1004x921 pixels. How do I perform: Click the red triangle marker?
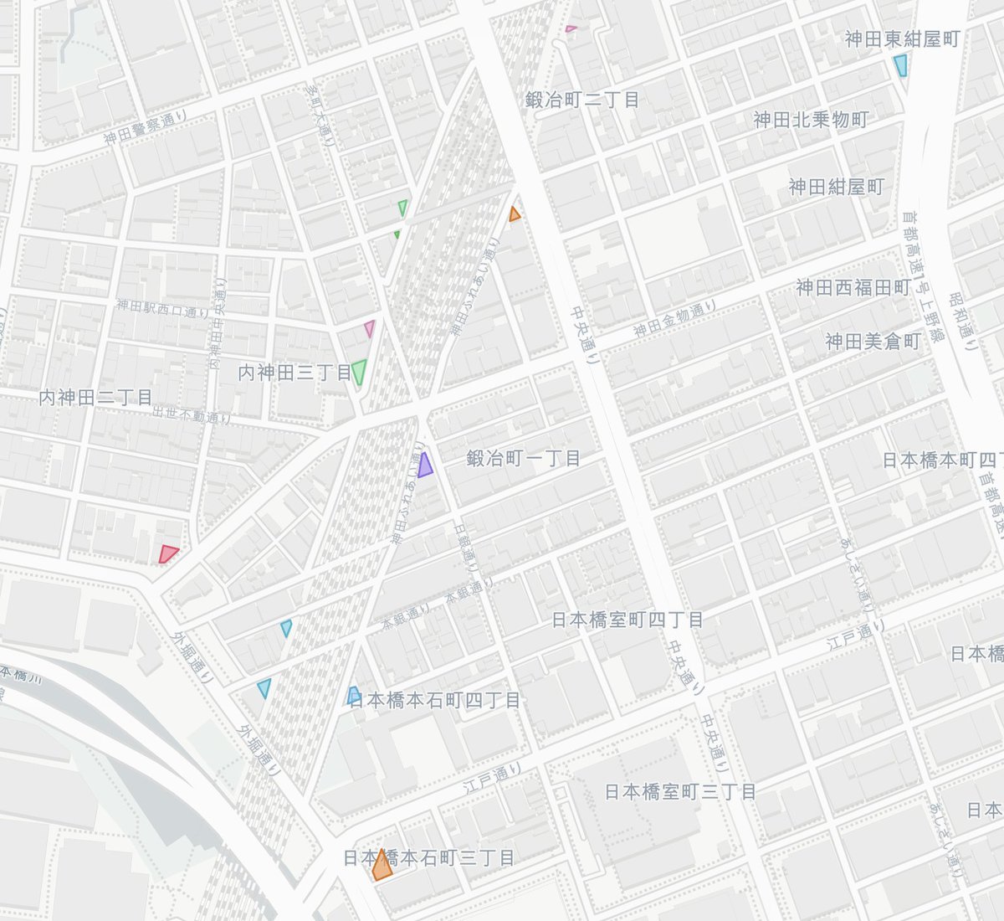(x=167, y=553)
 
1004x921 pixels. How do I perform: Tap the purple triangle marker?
(x=425, y=465)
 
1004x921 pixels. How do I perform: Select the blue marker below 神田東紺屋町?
(x=900, y=65)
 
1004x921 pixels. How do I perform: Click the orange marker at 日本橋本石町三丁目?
(x=382, y=867)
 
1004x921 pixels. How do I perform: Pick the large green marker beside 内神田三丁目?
(x=359, y=372)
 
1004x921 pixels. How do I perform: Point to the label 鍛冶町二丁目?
(x=582, y=100)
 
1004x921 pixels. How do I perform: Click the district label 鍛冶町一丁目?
(x=524, y=458)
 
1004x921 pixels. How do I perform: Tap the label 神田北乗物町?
(x=811, y=120)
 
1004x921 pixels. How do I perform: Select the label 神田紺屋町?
(x=836, y=187)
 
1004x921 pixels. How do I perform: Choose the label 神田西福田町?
(x=853, y=288)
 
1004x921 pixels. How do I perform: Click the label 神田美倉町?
(x=873, y=342)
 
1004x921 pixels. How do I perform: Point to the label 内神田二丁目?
(x=95, y=398)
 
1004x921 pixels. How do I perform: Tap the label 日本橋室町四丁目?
(x=627, y=620)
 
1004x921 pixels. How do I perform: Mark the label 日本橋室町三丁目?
(x=680, y=791)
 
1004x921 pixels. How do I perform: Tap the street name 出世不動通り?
(x=191, y=414)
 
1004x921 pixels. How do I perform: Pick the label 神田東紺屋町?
(x=901, y=39)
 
